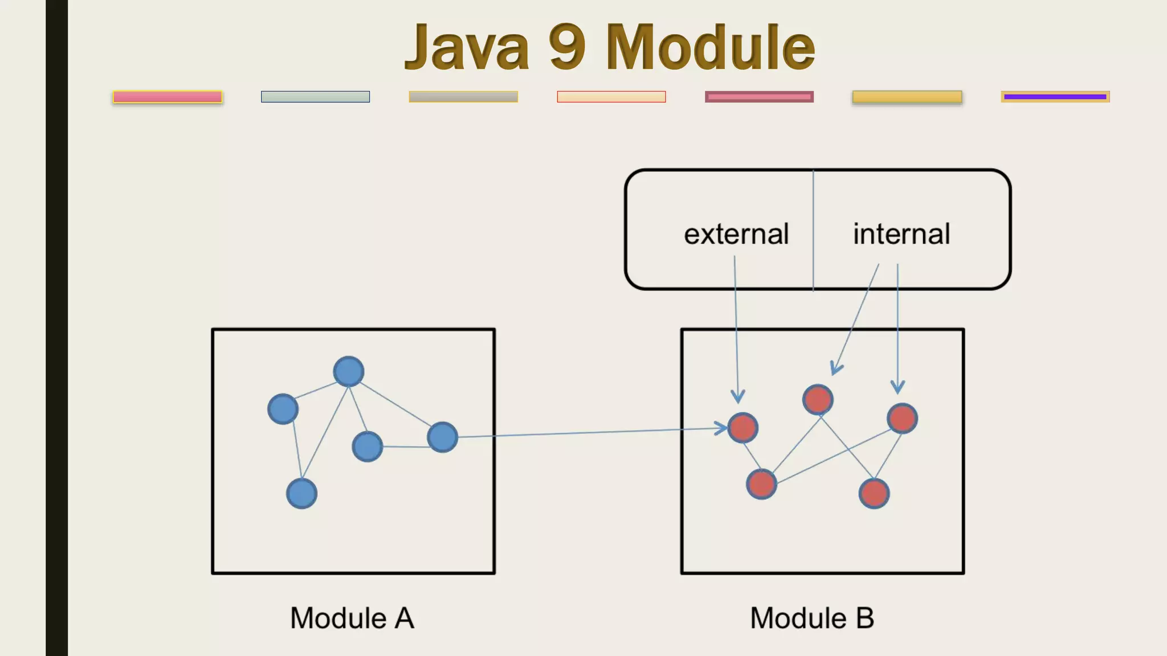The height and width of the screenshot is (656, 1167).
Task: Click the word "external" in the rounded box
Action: point(736,234)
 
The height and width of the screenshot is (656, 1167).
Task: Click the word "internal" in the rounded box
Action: point(901,234)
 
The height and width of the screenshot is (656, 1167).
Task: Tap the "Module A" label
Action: point(352,618)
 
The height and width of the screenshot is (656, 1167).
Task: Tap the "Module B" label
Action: point(812,618)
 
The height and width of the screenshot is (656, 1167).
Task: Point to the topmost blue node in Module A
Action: point(349,371)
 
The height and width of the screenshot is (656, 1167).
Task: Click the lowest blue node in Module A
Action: point(301,493)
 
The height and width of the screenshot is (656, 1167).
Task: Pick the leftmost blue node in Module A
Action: point(283,409)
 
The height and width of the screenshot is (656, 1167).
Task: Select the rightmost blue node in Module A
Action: point(443,437)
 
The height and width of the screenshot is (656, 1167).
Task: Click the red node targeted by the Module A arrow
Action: point(743,428)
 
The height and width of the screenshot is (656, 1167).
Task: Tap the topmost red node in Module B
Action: point(818,399)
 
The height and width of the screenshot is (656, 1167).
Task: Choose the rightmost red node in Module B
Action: point(902,419)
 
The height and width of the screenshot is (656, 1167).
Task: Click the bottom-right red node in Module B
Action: point(874,493)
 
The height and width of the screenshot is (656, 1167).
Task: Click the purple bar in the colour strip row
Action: point(1055,97)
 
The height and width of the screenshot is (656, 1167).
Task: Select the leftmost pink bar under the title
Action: point(168,97)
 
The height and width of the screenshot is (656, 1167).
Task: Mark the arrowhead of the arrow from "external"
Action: point(738,398)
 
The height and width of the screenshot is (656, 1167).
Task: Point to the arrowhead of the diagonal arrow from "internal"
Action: point(835,370)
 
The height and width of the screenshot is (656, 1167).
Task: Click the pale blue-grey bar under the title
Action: point(315,97)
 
